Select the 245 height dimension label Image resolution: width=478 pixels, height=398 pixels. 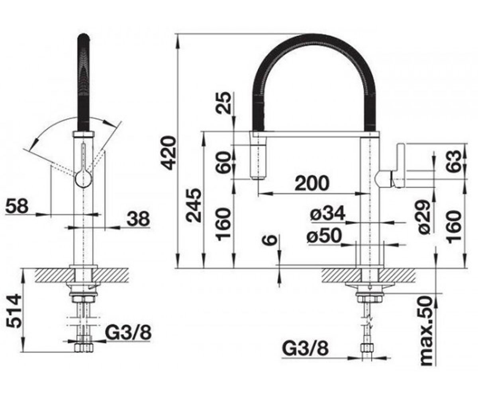coord(194,206)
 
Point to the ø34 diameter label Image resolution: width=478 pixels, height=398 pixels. coord(327,213)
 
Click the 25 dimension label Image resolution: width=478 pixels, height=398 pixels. coord(223,103)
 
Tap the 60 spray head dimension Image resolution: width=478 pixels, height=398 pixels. coord(223,162)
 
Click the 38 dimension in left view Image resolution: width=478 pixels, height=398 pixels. coord(138,219)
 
